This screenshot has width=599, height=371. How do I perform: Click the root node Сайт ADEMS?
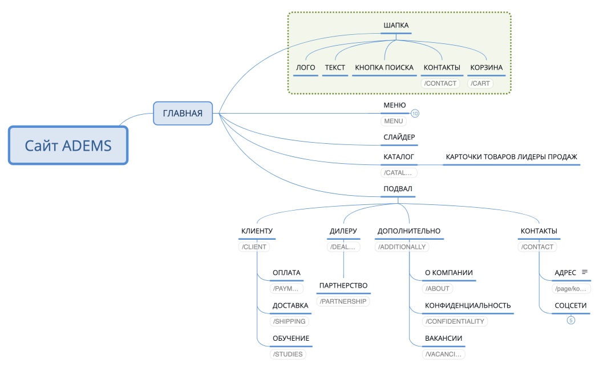(68, 146)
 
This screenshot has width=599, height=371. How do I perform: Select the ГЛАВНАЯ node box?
(183, 113)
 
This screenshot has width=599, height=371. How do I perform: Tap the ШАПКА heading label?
(396, 25)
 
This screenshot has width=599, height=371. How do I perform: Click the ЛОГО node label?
(306, 67)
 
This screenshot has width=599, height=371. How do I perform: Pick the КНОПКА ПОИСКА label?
(384, 67)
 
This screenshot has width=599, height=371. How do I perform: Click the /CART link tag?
(480, 83)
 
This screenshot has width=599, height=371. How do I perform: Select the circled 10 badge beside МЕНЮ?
(415, 114)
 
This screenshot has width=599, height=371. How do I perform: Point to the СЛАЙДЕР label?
(399, 137)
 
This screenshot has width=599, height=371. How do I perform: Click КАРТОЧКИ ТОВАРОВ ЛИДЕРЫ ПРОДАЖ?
(511, 156)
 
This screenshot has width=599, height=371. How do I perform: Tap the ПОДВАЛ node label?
(398, 189)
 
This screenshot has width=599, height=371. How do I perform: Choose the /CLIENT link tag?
(254, 247)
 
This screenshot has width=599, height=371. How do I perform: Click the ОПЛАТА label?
(286, 273)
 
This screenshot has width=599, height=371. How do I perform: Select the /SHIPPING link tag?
(289, 321)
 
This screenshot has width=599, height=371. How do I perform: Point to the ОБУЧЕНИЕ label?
(291, 338)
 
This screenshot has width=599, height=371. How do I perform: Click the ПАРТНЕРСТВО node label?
(343, 285)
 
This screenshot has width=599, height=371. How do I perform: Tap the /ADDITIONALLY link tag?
(402, 247)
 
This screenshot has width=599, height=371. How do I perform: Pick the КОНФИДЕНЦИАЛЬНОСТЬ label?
(468, 305)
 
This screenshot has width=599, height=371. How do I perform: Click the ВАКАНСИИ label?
(443, 338)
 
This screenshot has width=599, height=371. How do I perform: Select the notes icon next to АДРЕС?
(584, 272)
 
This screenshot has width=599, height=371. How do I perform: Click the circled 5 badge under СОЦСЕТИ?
(570, 320)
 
